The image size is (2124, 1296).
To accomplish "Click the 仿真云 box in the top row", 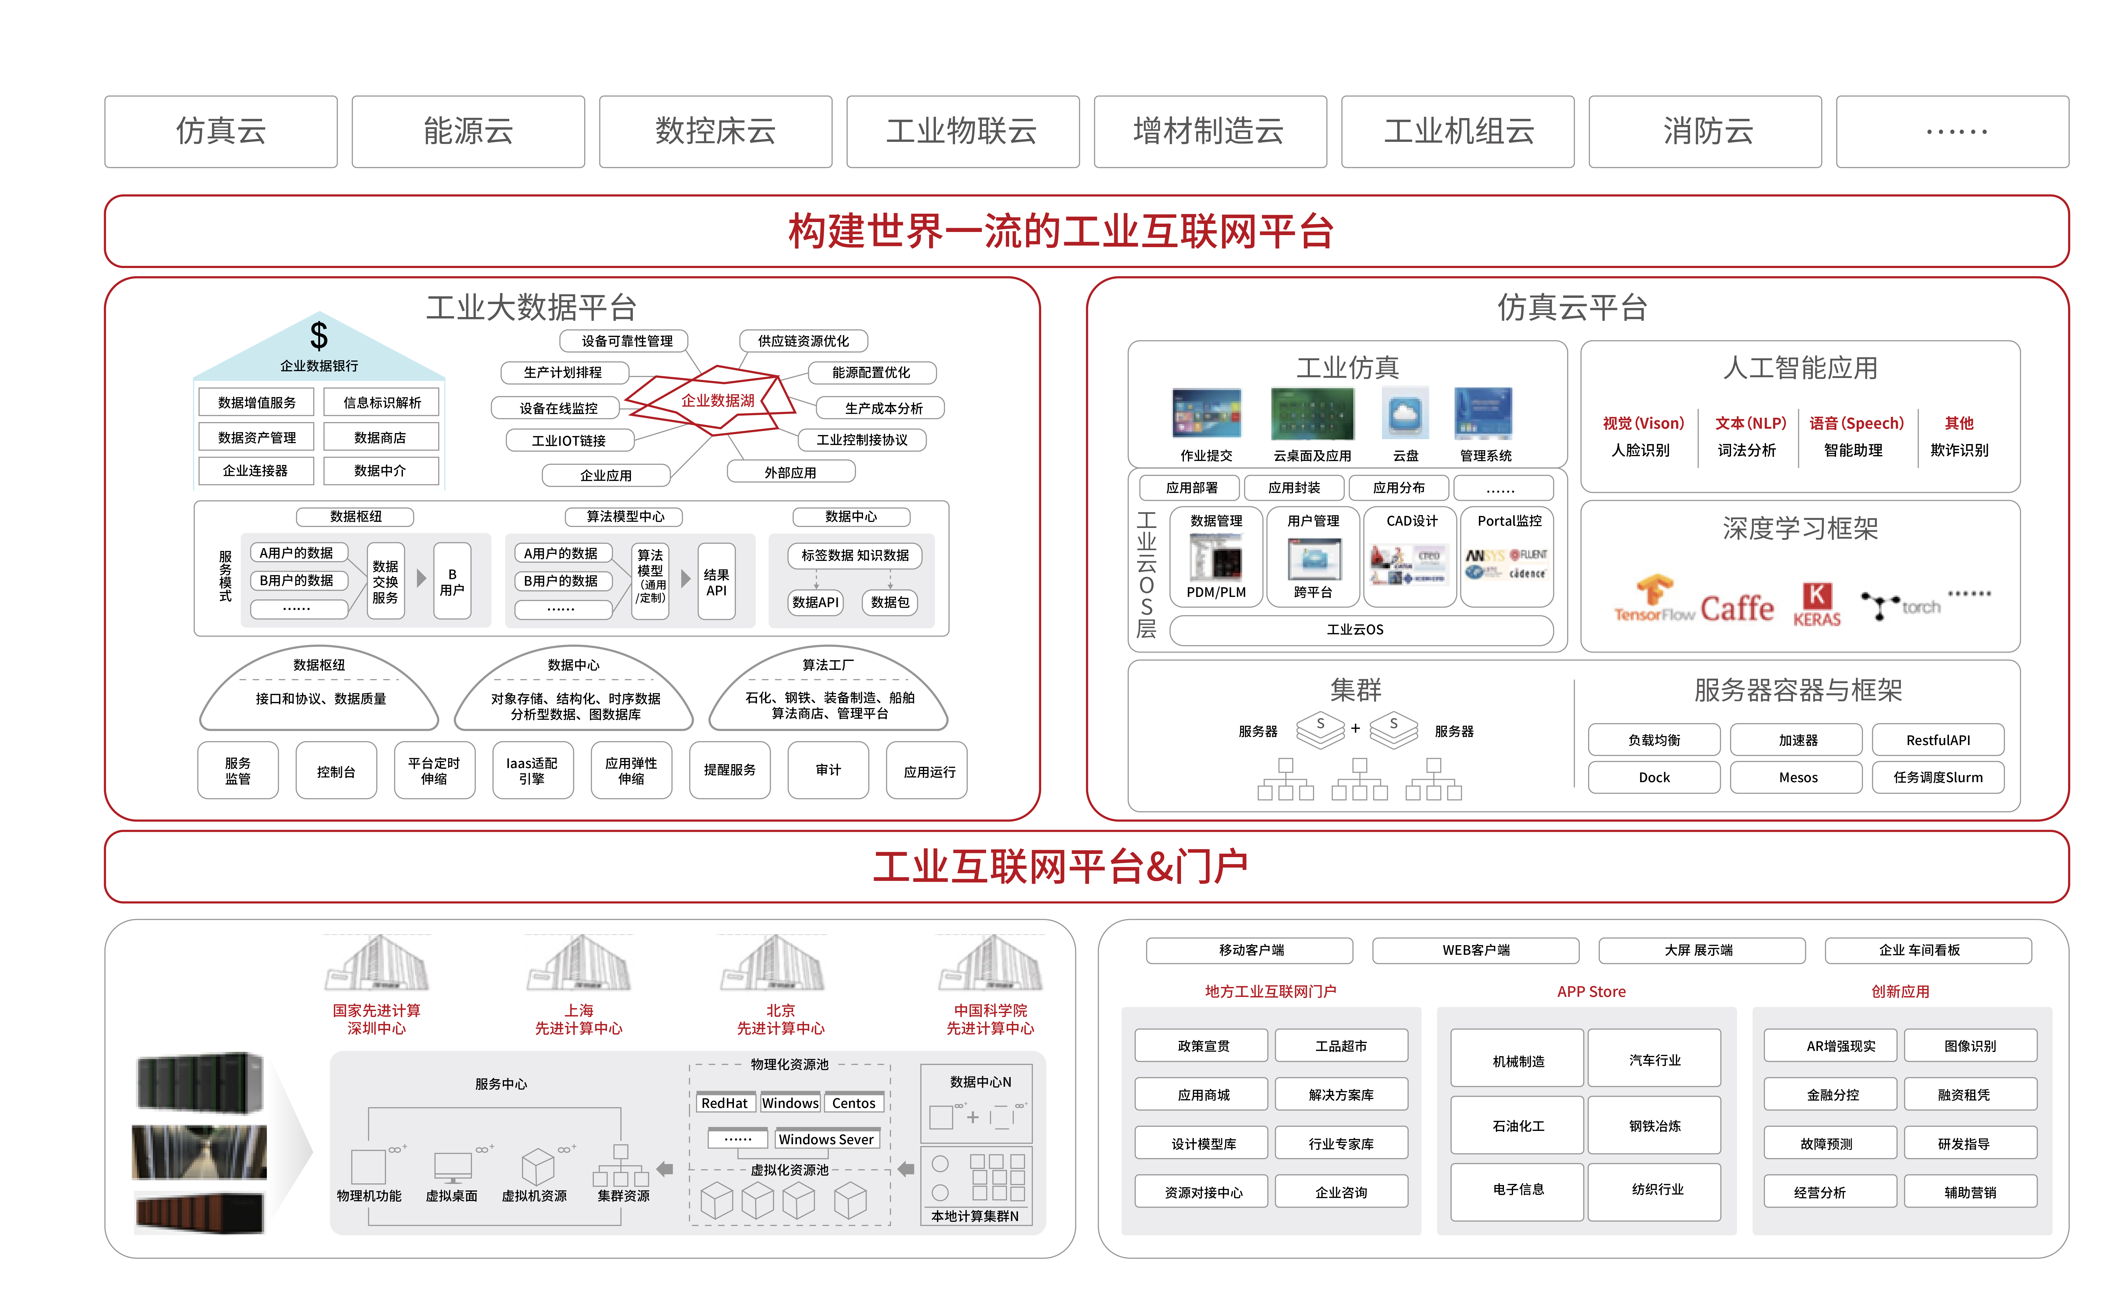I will click(x=221, y=131).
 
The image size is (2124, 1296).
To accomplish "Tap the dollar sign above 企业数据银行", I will click(x=319, y=335).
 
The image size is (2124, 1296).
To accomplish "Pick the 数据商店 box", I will click(x=380, y=437).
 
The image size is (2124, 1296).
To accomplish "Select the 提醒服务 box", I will click(x=729, y=770).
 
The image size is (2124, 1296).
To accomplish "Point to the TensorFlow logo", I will click(x=1653, y=599).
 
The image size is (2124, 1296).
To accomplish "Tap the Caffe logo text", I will click(x=1736, y=608).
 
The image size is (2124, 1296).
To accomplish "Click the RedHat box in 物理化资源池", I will click(x=724, y=1103).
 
